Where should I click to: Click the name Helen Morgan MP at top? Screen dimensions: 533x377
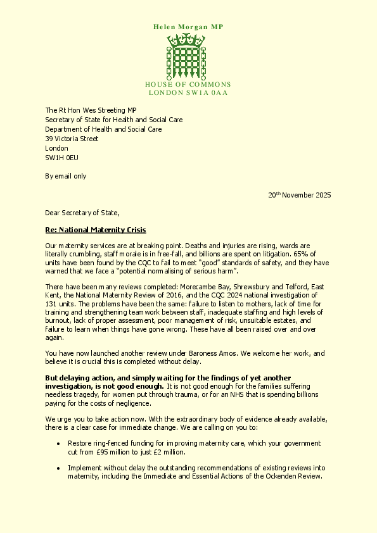[188, 27]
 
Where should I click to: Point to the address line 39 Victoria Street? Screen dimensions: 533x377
[72, 139]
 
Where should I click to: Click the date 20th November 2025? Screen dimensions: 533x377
[299, 195]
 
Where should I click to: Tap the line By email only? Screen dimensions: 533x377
[65, 176]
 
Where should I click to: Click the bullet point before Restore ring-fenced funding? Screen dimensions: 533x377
[59, 444]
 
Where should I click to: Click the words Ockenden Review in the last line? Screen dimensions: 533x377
[294, 477]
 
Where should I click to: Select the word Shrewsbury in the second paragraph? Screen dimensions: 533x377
[253, 287]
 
